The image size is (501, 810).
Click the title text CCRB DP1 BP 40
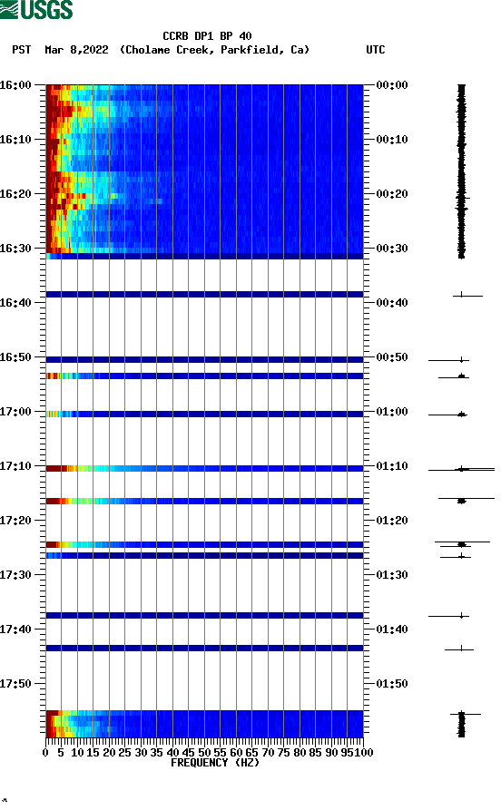click(x=207, y=36)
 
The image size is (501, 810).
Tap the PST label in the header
click(x=22, y=50)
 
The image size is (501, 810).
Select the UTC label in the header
click(x=376, y=50)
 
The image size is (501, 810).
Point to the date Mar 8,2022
click(x=76, y=50)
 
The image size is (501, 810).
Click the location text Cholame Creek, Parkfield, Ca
click(x=214, y=50)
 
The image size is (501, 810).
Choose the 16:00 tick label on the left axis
click(x=15, y=85)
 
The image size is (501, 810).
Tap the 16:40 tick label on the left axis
click(x=15, y=303)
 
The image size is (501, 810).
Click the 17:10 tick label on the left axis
click(x=15, y=466)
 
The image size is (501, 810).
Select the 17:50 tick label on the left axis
click(x=15, y=684)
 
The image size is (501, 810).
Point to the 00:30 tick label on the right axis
click(x=393, y=249)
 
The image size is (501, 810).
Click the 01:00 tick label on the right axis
click(x=393, y=412)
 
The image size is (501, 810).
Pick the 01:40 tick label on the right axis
click(x=393, y=629)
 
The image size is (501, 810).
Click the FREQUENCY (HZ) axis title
click(x=215, y=763)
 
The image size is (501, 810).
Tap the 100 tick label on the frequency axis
click(x=364, y=752)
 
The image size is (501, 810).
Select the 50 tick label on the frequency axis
click(x=205, y=752)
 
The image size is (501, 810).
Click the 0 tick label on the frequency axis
click(x=46, y=752)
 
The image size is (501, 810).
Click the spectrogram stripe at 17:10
click(x=204, y=468)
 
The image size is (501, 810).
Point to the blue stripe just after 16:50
click(x=204, y=359)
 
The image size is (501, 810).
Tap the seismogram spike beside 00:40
click(x=463, y=295)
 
